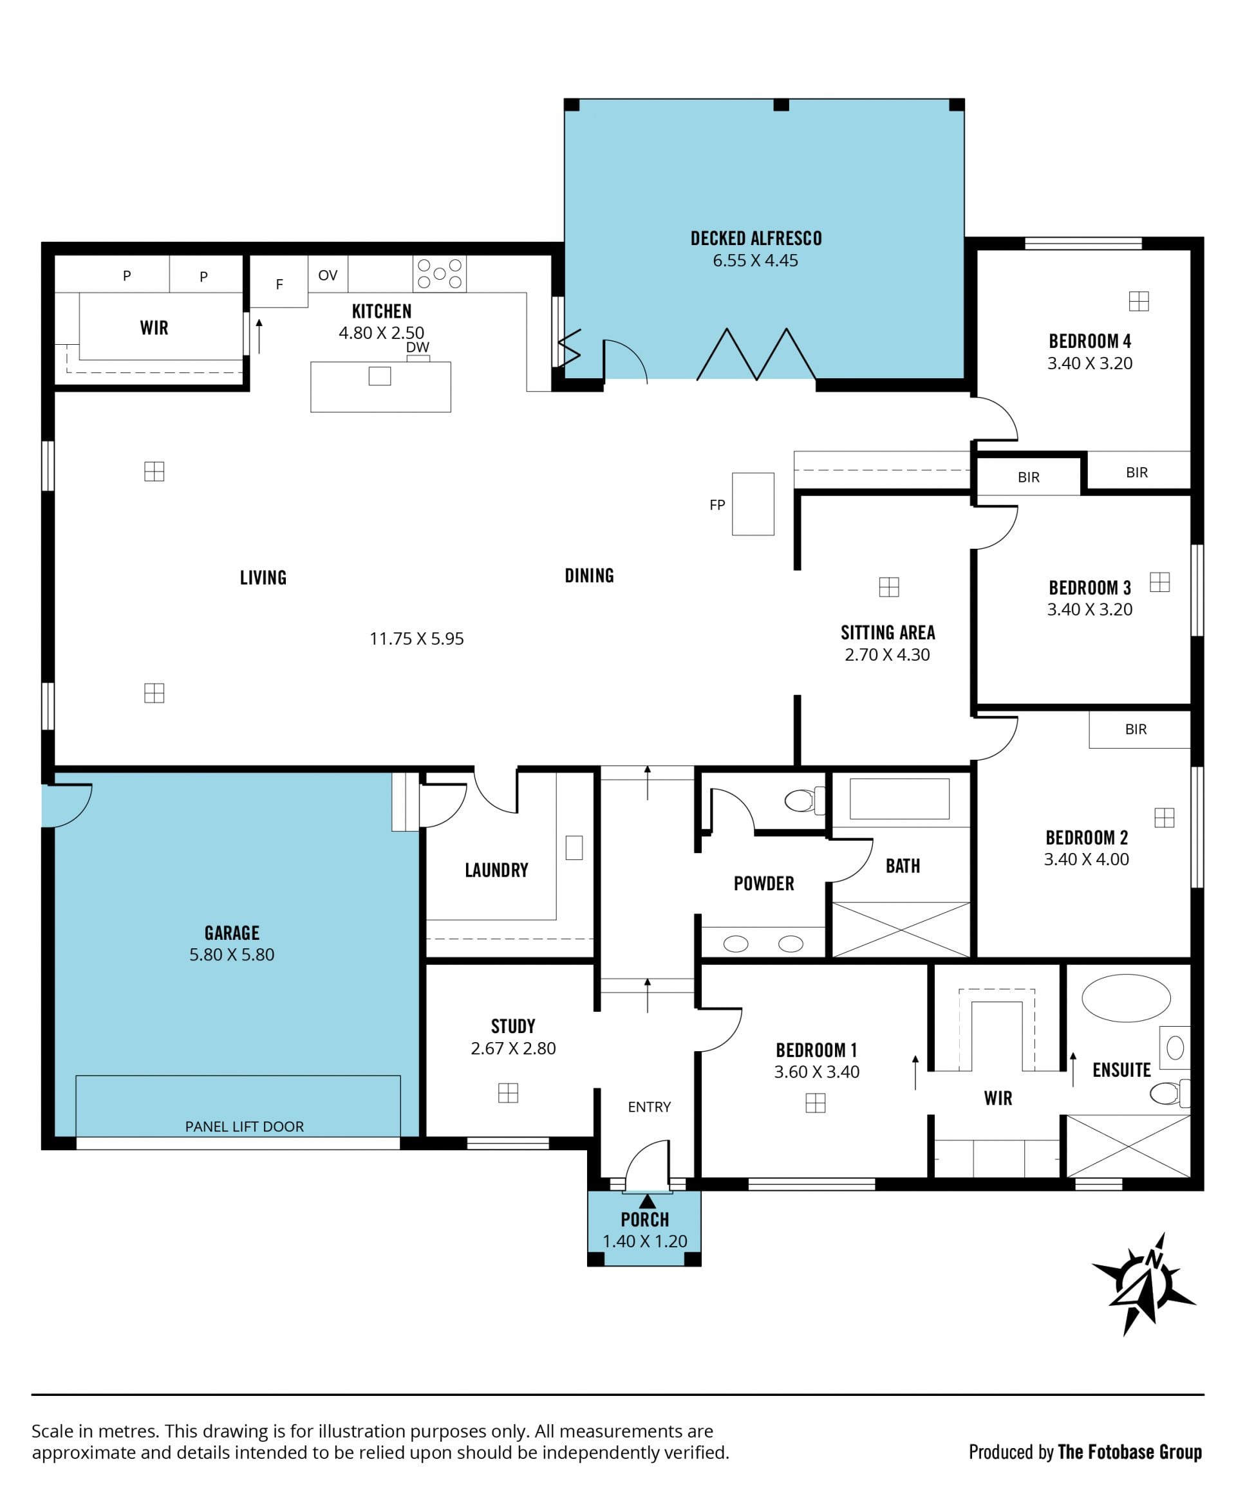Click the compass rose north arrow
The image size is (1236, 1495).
pyautogui.click(x=1145, y=1285)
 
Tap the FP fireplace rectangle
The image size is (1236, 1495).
pyautogui.click(x=753, y=504)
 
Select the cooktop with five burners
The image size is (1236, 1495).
pyautogui.click(x=439, y=274)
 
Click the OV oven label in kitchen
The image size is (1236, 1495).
pyautogui.click(x=328, y=275)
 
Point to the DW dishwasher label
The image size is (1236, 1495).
pyautogui.click(x=418, y=347)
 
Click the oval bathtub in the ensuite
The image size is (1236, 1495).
pyautogui.click(x=1126, y=998)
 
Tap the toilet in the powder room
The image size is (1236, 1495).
pyautogui.click(x=805, y=800)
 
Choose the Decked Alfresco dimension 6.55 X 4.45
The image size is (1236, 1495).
pyautogui.click(x=755, y=261)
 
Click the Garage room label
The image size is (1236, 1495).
pyautogui.click(x=232, y=932)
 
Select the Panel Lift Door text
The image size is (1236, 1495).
pyautogui.click(x=244, y=1126)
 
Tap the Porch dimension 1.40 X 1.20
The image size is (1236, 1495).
pyautogui.click(x=645, y=1241)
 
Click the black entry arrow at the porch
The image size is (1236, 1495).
pyautogui.click(x=647, y=1200)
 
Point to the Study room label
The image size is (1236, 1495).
pyautogui.click(x=513, y=1026)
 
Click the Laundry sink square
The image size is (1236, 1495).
pyautogui.click(x=574, y=847)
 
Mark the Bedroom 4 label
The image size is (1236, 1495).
pyautogui.click(x=1089, y=341)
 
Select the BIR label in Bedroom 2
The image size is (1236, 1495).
pyautogui.click(x=1136, y=729)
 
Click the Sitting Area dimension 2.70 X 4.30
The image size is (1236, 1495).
pyautogui.click(x=887, y=655)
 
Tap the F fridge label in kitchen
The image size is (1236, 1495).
pyautogui.click(x=279, y=284)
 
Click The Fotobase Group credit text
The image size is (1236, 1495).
pyautogui.click(x=1130, y=1452)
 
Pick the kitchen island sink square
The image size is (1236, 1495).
pyautogui.click(x=379, y=376)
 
